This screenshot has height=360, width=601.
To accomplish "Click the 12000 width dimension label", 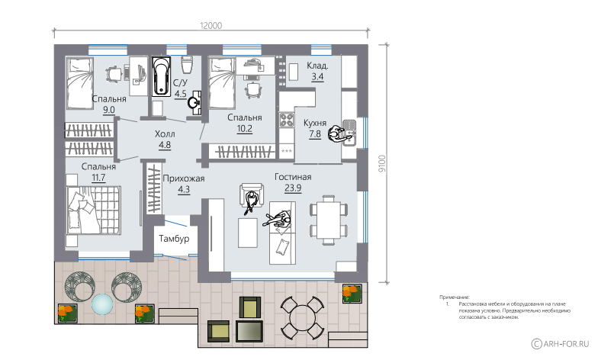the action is tap(211, 26).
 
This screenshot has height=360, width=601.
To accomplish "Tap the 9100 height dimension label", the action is tap(382, 164).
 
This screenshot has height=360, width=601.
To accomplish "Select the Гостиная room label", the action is tap(293, 177).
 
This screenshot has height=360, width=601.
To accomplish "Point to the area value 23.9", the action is tap(293, 188).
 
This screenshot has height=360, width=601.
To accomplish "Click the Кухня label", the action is tap(315, 123).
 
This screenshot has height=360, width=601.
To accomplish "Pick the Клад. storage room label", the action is tap(317, 66).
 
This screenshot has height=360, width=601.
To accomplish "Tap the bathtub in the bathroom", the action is tap(162, 76).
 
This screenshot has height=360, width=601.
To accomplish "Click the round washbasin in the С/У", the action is tap(194, 103).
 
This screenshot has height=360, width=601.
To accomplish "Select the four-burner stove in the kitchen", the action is tap(286, 120).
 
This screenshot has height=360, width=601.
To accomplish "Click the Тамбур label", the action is tap(174, 239).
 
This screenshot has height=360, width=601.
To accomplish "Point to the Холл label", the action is tap(165, 134).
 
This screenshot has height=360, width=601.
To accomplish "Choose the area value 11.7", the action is tap(98, 178).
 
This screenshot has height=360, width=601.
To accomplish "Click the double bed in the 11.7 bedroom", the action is tap(94, 210).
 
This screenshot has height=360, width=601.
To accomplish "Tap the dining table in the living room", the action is tap(329, 220).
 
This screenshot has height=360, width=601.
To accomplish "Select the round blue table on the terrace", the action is tap(102, 304).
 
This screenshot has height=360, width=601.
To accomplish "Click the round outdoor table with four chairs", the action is tap(302, 317).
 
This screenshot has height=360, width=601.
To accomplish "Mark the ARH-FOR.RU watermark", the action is tap(560, 343).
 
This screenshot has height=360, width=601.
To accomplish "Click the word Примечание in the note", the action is tap(455, 297).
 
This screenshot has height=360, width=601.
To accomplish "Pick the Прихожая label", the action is tap(184, 178).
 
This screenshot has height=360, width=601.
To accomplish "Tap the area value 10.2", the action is tap(245, 128).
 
